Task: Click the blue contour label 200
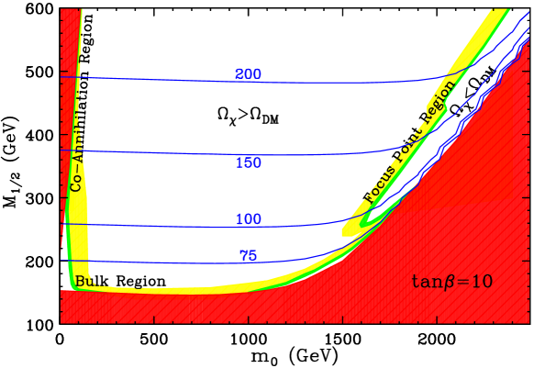pyautogui.click(x=248, y=74)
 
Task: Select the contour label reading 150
pyautogui.click(x=248, y=163)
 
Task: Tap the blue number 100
pyautogui.click(x=248, y=220)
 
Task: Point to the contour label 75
pyautogui.click(x=248, y=256)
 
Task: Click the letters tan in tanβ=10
pyautogui.click(x=428, y=282)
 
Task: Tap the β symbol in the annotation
pyautogui.click(x=450, y=283)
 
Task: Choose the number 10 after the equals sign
pyautogui.click(x=481, y=282)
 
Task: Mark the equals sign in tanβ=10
pyautogui.click(x=462, y=282)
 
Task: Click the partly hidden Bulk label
pyautogui.click(x=87, y=281)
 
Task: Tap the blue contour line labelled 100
pyautogui.click(x=165, y=226)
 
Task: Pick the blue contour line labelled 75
pyautogui.click(x=165, y=262)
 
